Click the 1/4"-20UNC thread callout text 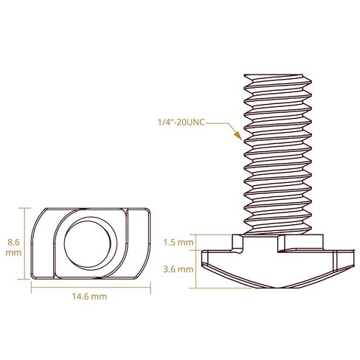tap(181, 122)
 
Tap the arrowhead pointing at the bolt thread tap(238, 136)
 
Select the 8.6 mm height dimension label tap(13, 247)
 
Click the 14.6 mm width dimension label tap(89, 297)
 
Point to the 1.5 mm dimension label tap(179, 243)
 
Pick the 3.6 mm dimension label tap(179, 269)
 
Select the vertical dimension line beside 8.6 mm tap(24, 243)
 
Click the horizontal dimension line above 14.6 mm tap(91, 287)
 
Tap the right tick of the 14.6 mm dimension tap(150, 288)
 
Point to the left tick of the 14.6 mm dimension tap(31, 288)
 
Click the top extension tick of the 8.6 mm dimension tap(24, 208)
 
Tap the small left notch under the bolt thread tap(237, 244)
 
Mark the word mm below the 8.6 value tap(13, 253)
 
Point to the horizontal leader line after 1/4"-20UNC tap(216, 123)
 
